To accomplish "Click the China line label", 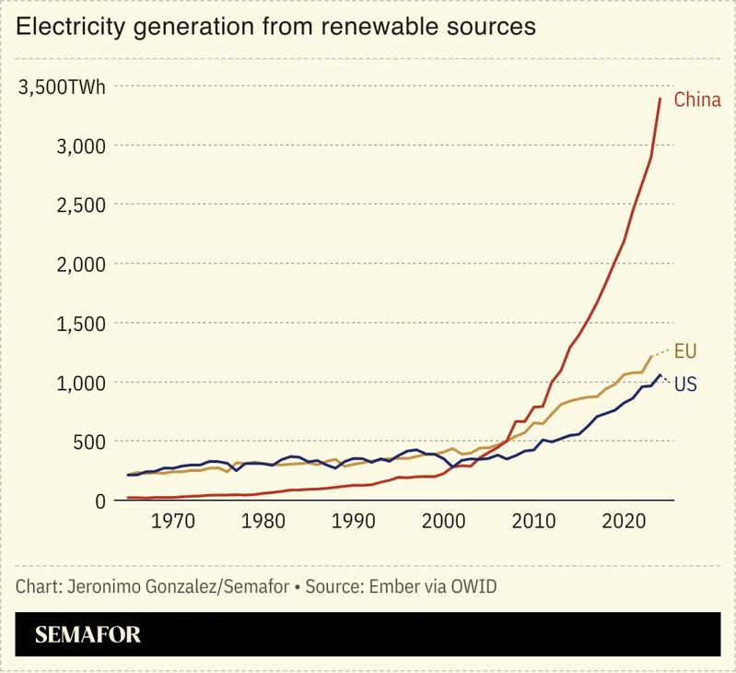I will (697, 100).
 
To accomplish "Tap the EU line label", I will (685, 350).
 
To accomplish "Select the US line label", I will (685, 384).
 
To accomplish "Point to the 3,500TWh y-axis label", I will (63, 88).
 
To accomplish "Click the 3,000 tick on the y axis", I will (80, 146).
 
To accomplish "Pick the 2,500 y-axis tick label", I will (80, 205).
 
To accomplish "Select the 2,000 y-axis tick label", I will (80, 264).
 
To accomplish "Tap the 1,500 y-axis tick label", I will (80, 323).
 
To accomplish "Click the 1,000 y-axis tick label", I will (80, 382).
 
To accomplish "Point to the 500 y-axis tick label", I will (90, 441).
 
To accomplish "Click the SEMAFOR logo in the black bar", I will (88, 635).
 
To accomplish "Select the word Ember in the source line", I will (391, 586).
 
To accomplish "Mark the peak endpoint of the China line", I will (660, 99).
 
